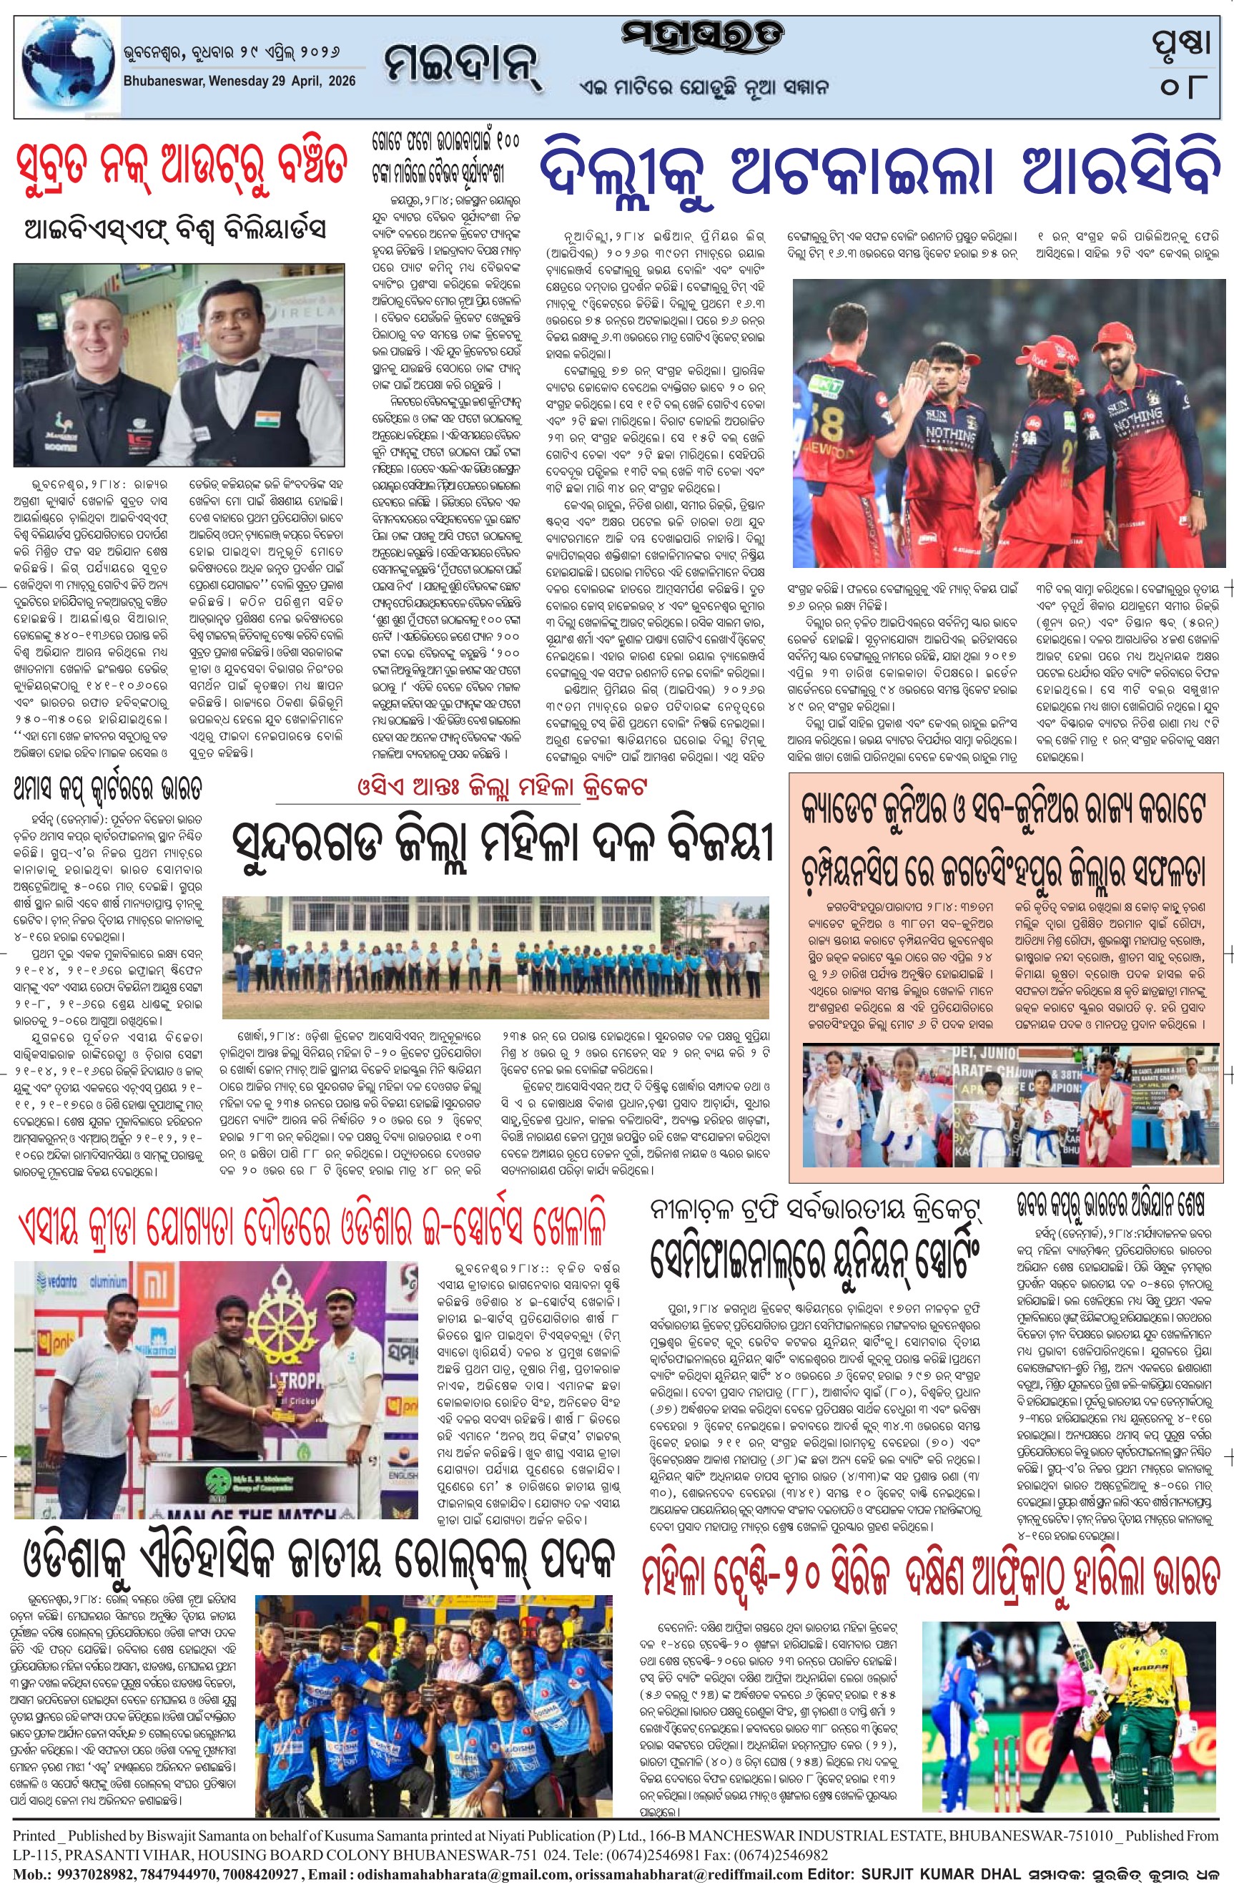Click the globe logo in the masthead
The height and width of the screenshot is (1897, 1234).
pyautogui.click(x=68, y=68)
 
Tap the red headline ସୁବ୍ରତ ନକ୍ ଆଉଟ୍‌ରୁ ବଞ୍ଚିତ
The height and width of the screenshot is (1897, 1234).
pyautogui.click(x=182, y=165)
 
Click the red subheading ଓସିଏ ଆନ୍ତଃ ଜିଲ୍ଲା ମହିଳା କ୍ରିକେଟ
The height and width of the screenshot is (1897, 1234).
pyautogui.click(x=502, y=788)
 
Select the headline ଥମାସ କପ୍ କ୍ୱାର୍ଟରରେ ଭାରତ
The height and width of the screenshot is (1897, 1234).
pyautogui.click(x=107, y=789)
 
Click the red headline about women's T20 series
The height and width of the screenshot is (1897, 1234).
pyautogui.click(x=929, y=1574)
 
